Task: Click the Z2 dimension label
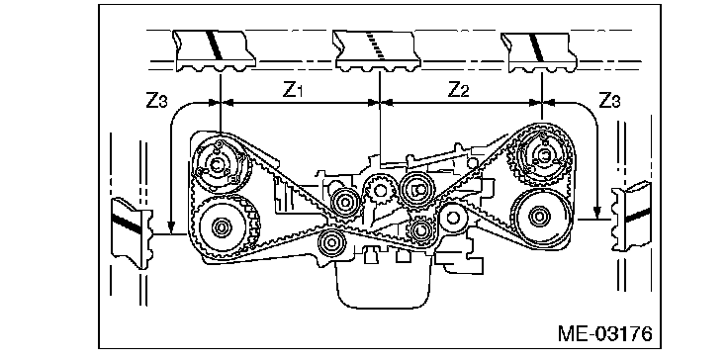click(x=458, y=91)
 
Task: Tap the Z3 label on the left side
click(x=156, y=101)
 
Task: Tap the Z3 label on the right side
click(x=609, y=100)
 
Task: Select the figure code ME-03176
click(x=605, y=334)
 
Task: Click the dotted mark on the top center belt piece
click(x=375, y=45)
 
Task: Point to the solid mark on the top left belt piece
click(x=215, y=45)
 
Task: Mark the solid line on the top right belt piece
click(x=535, y=46)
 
